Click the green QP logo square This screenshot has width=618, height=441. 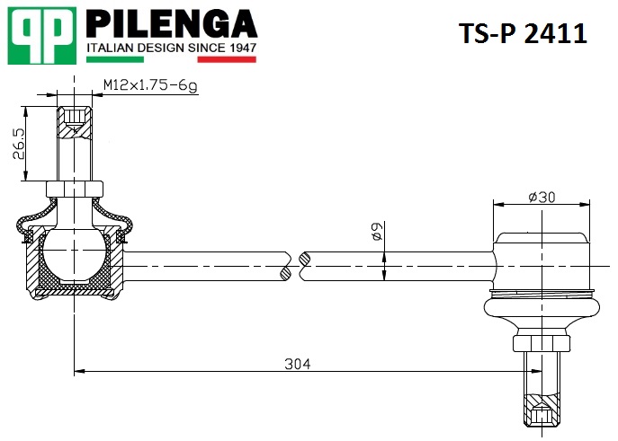[41, 36]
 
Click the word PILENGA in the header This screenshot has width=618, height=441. [172, 24]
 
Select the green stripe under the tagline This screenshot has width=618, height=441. [114, 59]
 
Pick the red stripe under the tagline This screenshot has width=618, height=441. [227, 59]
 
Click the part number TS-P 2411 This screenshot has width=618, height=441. [523, 33]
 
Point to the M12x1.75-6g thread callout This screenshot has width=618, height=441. [150, 85]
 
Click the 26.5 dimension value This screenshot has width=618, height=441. [19, 143]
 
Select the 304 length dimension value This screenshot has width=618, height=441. [298, 364]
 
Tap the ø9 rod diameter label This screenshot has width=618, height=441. [377, 231]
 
